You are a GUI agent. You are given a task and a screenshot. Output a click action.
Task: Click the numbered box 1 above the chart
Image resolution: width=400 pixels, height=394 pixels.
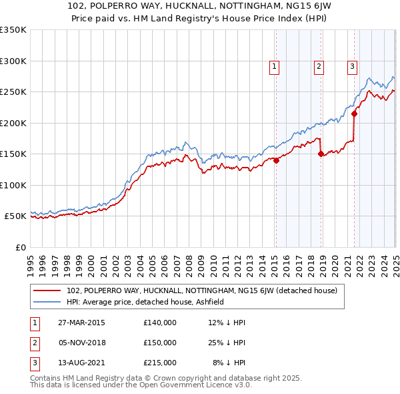pyautogui.click(x=275, y=65)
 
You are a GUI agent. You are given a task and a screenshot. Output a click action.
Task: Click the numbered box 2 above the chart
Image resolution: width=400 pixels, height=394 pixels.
pyautogui.click(x=319, y=65)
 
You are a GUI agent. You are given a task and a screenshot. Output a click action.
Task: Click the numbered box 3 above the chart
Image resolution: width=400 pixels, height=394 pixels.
pyautogui.click(x=351, y=65)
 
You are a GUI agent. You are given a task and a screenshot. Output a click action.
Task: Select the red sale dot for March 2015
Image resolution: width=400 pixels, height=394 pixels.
pyautogui.click(x=276, y=160)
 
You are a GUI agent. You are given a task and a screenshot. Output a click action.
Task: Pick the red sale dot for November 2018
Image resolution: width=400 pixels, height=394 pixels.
pyautogui.click(x=321, y=154)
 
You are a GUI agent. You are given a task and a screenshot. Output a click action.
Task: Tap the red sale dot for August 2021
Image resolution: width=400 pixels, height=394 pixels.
pyautogui.click(x=354, y=114)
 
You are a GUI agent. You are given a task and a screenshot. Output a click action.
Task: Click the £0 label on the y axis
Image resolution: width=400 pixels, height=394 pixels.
pyautogui.click(x=20, y=247)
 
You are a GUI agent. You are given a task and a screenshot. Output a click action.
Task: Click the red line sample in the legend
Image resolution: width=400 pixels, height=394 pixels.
pyautogui.click(x=47, y=290)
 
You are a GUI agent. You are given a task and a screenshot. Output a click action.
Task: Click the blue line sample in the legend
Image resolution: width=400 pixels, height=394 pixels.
pyautogui.click(x=47, y=302)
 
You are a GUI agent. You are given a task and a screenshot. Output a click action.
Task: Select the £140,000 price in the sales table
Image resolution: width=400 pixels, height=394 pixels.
pyautogui.click(x=160, y=323)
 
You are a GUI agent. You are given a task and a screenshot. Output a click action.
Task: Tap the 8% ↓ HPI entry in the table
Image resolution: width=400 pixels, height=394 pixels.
pyautogui.click(x=229, y=363)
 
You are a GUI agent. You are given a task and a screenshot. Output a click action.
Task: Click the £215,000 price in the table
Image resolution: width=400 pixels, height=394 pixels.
pyautogui.click(x=160, y=363)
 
